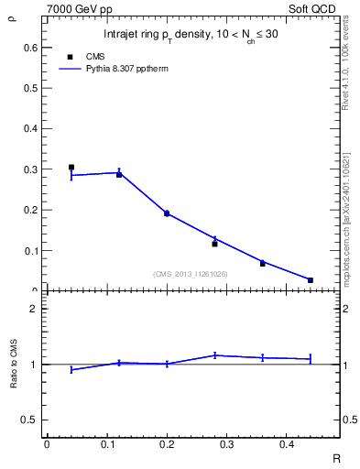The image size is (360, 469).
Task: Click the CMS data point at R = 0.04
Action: [71, 168]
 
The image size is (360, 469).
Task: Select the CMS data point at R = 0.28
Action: [214, 244]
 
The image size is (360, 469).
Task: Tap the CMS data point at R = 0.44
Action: [311, 280]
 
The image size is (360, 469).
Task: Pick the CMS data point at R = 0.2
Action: [167, 213]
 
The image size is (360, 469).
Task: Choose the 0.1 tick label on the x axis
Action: [106, 444]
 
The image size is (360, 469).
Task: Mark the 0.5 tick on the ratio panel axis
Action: [30, 420]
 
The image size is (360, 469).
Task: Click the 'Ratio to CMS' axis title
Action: [14, 365]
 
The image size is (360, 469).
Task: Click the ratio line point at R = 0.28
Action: [214, 355]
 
